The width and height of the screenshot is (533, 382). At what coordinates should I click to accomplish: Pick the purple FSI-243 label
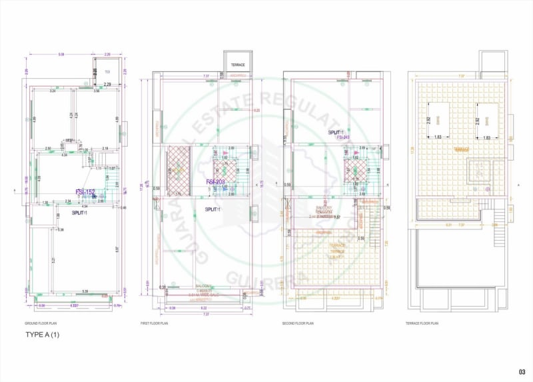[x=344, y=138]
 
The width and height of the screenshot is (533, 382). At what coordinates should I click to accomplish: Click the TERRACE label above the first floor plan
[x=238, y=65]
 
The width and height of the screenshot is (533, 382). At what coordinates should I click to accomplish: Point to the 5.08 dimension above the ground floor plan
[x=61, y=55]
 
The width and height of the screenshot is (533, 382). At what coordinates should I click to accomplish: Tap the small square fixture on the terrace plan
[x=479, y=172]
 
